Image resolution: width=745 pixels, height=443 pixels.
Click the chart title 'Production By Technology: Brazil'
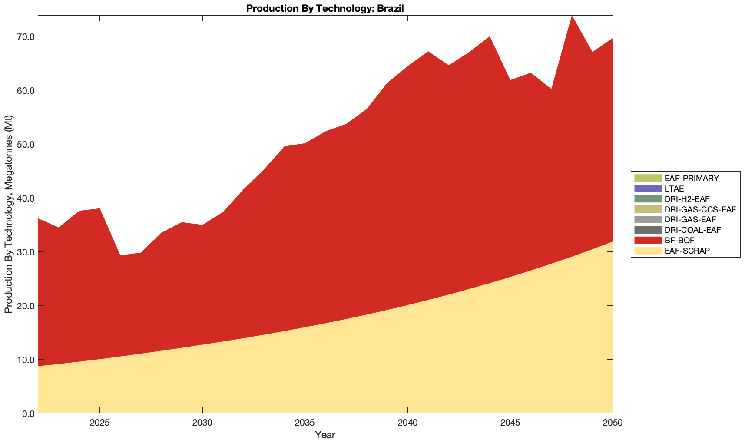325,8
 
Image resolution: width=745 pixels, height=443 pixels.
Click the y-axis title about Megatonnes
8,214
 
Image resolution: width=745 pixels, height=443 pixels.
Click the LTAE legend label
674,188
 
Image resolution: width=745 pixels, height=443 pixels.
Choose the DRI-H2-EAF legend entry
687,199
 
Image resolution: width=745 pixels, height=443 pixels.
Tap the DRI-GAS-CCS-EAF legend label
700,209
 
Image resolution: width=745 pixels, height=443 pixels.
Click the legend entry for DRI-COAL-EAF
692,230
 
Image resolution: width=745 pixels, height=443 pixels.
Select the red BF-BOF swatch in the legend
648,240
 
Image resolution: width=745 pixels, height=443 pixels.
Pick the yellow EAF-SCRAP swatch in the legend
648,251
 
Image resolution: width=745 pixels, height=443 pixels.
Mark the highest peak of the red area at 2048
572,16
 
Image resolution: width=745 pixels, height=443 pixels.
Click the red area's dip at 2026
120,255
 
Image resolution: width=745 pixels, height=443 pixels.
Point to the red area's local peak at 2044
490,37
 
